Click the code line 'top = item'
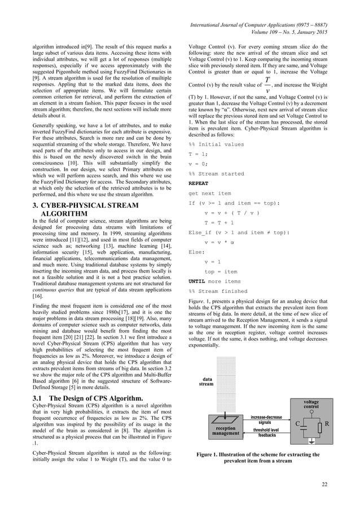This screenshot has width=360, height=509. click(x=221, y=271)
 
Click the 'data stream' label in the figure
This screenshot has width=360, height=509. click(x=206, y=381)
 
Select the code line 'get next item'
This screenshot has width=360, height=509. click(x=209, y=193)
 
